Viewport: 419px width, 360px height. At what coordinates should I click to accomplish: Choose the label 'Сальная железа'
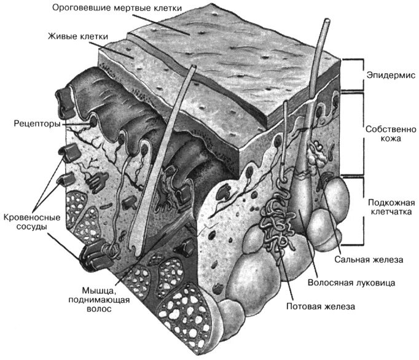[369, 260]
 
